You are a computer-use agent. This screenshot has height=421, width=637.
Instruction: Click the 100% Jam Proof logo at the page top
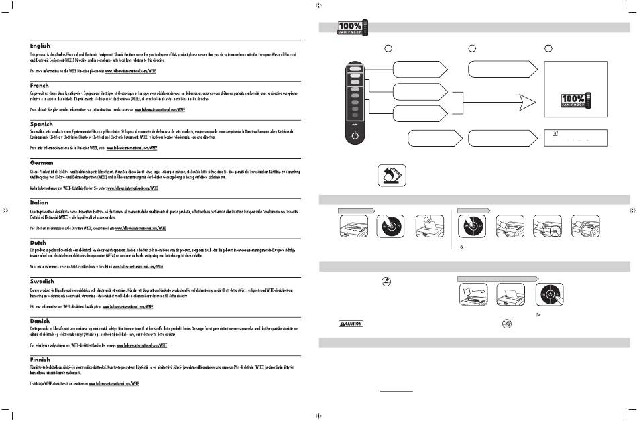(x=350, y=27)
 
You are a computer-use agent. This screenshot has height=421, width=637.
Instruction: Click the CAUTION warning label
(x=350, y=323)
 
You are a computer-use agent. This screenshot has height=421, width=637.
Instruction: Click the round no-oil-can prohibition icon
(x=508, y=322)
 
